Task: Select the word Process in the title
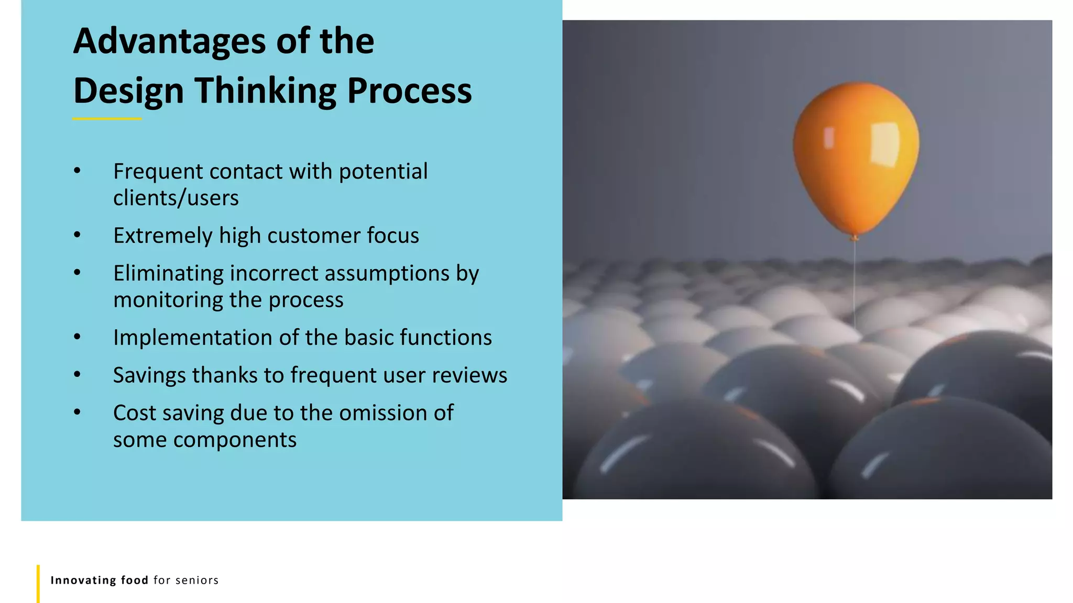[x=409, y=91]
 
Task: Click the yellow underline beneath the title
[x=107, y=119]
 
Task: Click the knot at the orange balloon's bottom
[x=855, y=238]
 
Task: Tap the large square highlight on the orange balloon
[x=885, y=144]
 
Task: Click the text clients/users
[x=176, y=198]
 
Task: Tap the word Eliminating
[x=168, y=274]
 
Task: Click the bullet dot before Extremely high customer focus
[x=77, y=236]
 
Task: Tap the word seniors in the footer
[x=197, y=580]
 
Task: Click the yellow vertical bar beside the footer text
[x=38, y=583]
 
